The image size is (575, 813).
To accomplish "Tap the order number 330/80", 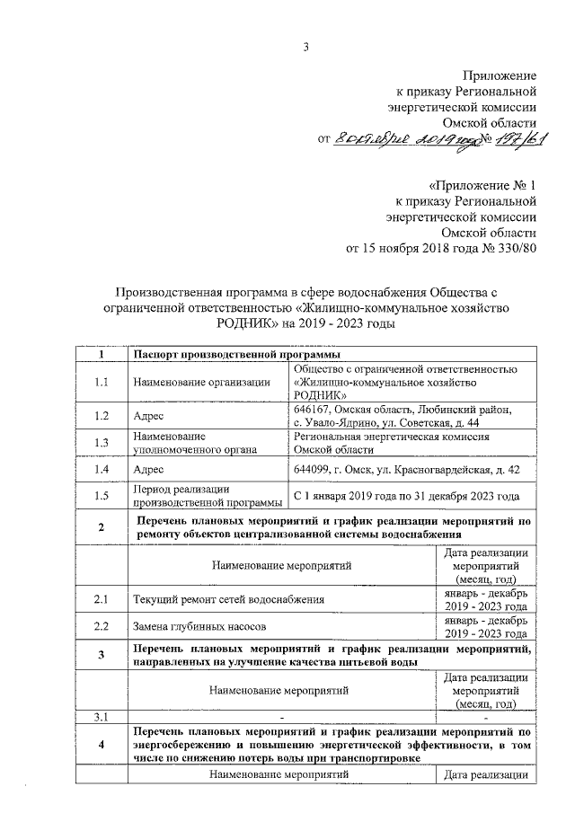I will click(x=514, y=249).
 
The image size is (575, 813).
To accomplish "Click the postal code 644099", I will click(x=316, y=470).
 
